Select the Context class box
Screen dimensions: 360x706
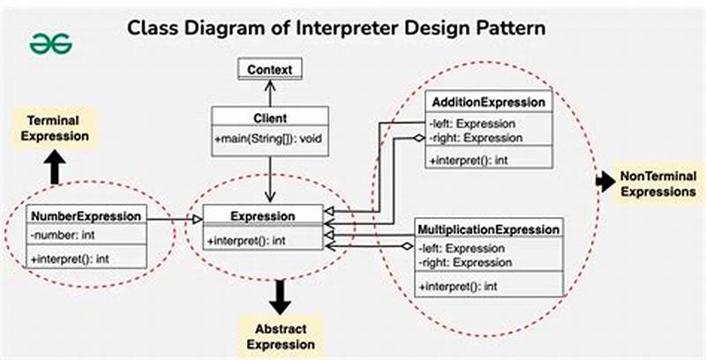pos(269,69)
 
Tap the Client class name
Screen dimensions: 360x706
pos(269,116)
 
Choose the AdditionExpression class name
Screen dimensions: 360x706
pos(488,102)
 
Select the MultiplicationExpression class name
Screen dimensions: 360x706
pos(489,229)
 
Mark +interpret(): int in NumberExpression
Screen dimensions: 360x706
pos(71,258)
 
